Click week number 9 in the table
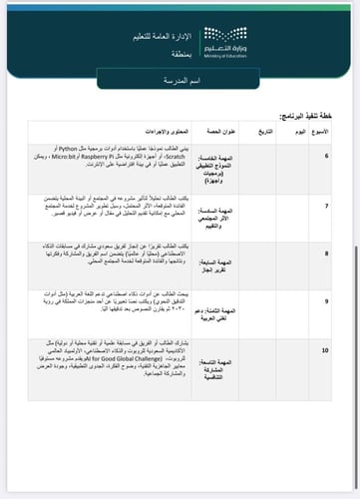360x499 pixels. [327, 299]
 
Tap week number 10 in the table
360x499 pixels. [327, 352]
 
